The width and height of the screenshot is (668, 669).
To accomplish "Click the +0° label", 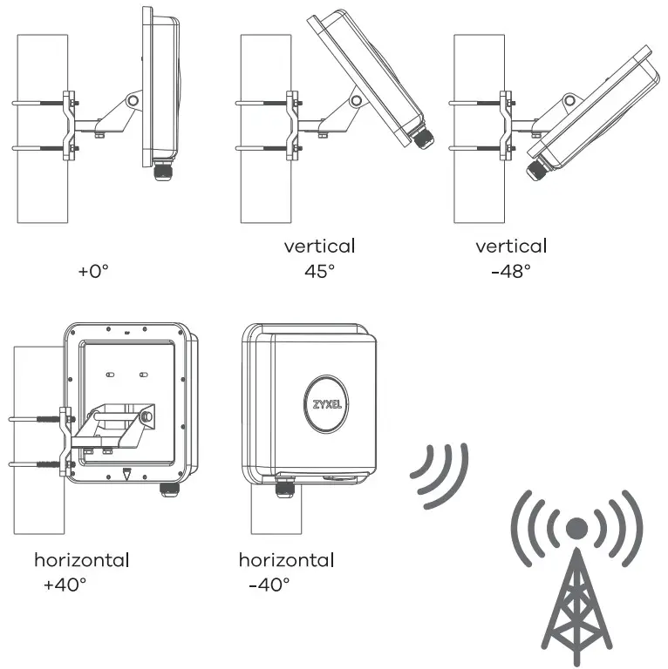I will pos(93,271).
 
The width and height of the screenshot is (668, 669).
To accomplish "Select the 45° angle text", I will pos(319,271).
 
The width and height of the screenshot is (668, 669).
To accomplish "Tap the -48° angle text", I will pos(511,271).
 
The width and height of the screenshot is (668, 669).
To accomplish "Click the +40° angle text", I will pos(65,585).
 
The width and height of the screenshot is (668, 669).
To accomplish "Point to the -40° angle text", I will pos(269,585).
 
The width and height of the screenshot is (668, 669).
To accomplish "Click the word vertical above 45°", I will pos(319,246).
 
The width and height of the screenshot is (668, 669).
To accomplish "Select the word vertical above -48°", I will pos(511,246).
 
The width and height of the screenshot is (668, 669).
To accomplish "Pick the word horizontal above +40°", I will pos(81,559).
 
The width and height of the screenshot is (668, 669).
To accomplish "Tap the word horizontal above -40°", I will pos(286,559).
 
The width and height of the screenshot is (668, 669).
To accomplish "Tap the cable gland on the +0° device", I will pos(163,170).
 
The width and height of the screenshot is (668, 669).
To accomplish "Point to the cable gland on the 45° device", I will pos(423,139).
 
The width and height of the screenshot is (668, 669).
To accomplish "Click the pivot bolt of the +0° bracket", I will pos(132,101).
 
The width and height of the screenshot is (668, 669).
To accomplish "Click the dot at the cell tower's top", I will pos(576,528).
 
